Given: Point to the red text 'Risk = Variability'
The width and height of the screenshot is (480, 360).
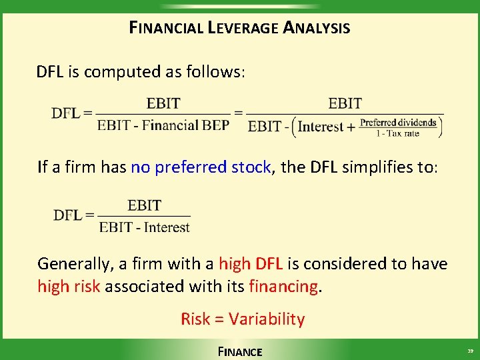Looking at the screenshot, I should click(x=242, y=319).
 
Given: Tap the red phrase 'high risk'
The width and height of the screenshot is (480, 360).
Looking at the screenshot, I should click(x=69, y=287).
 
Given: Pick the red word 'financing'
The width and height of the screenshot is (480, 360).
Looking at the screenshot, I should click(x=283, y=287).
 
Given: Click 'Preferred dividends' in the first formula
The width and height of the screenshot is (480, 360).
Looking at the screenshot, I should click(x=398, y=122).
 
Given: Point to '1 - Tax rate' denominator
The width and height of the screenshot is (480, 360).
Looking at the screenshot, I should click(x=398, y=133).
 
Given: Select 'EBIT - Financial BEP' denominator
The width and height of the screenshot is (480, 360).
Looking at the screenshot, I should click(x=163, y=125).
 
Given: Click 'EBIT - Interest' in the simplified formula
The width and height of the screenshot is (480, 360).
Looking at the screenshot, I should click(x=145, y=228).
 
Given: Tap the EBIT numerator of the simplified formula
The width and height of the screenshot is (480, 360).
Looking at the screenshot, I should click(x=145, y=205).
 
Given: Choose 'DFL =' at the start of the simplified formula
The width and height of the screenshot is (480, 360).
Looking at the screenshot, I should click(x=74, y=215).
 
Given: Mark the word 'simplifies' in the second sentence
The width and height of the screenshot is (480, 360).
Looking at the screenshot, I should click(x=373, y=167).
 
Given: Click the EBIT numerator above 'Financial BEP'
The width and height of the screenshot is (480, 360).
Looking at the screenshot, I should click(x=163, y=104).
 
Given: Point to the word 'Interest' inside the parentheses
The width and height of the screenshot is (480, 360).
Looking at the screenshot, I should click(x=321, y=126).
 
